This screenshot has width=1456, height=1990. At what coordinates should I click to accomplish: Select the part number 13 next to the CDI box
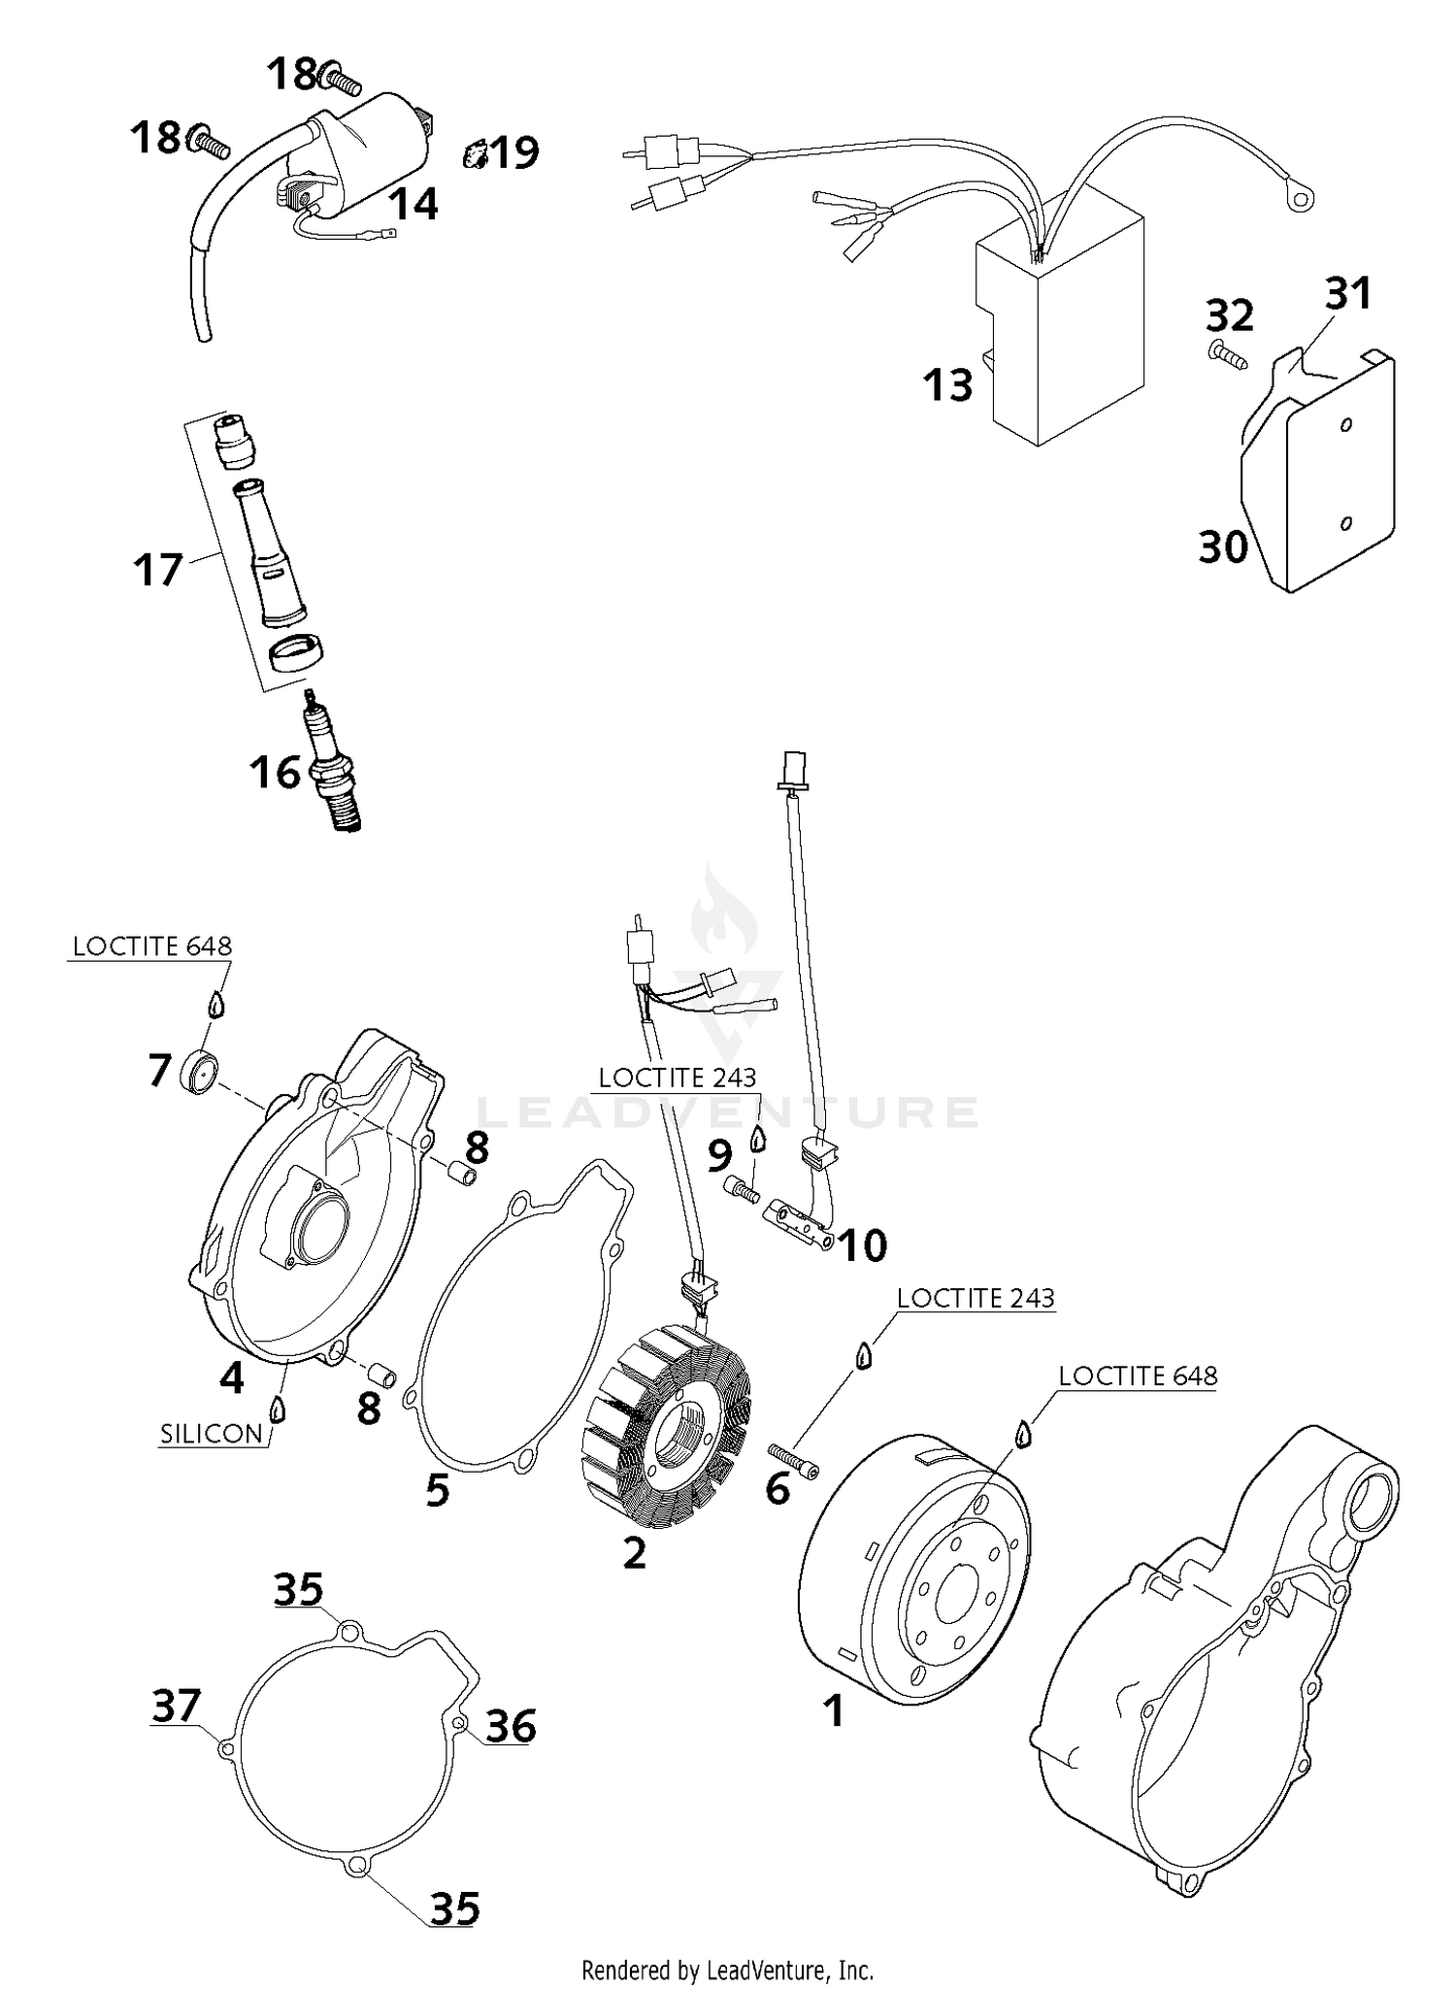point(947,385)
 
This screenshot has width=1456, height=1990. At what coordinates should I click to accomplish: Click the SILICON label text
point(212,1434)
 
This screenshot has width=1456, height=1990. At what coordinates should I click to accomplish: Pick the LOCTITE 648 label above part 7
point(152,945)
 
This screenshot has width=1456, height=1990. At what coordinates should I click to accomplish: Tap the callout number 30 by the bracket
point(1223,547)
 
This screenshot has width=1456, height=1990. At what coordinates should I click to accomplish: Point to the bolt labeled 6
point(794,1459)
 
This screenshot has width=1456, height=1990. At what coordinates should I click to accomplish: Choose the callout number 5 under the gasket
point(438,1490)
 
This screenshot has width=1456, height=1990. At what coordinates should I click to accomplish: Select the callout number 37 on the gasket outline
point(177,1706)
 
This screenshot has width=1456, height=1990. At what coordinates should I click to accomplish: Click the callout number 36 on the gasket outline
point(511,1726)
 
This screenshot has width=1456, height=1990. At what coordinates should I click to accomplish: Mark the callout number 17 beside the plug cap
point(157,570)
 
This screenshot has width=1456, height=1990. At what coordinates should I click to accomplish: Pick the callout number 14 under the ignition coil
point(414,204)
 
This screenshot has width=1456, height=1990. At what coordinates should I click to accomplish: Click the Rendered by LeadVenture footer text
point(727,1971)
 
